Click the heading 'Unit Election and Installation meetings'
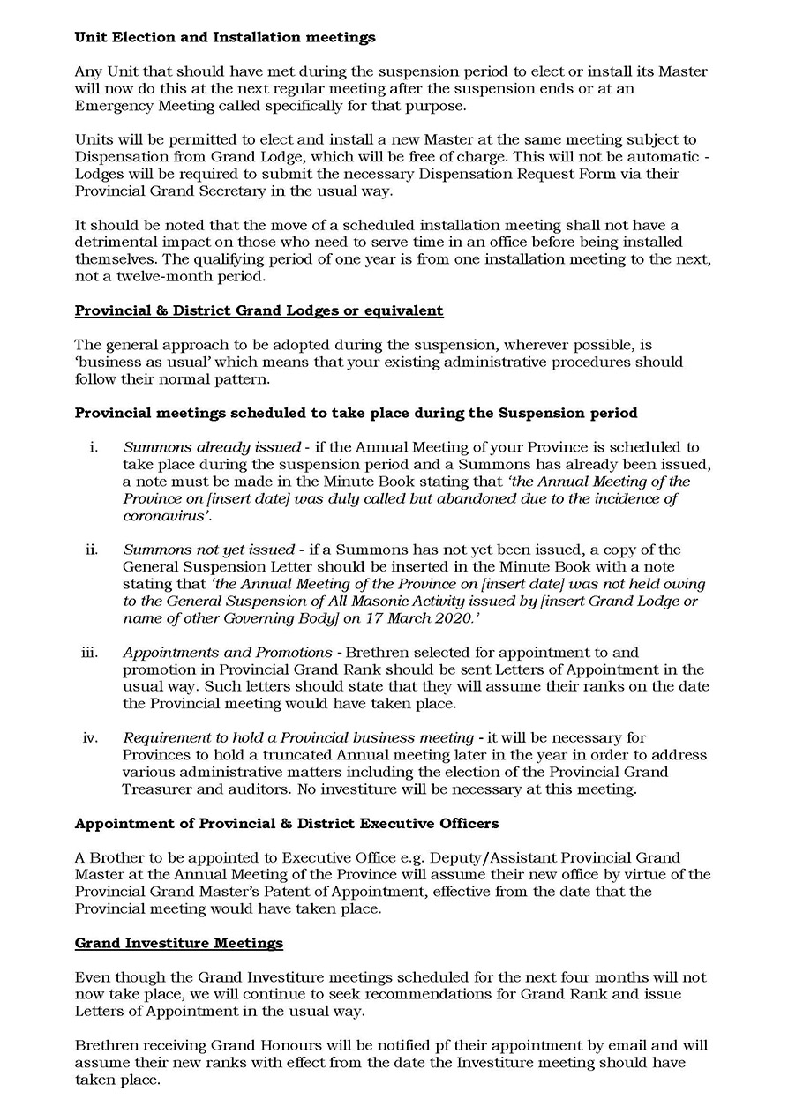click(x=225, y=37)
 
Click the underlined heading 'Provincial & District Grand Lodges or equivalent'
click(x=259, y=310)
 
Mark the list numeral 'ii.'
click(x=92, y=550)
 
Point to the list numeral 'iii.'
click(x=90, y=653)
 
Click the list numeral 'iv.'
click(x=90, y=737)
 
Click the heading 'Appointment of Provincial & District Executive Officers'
click(x=287, y=823)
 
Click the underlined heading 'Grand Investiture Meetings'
click(x=179, y=943)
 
